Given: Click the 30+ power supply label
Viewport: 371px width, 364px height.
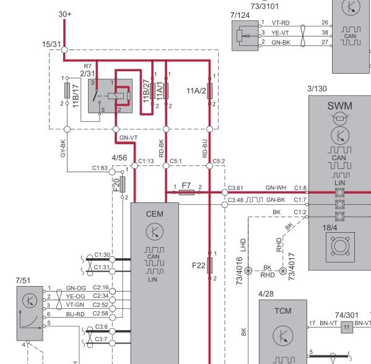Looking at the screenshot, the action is point(65,14).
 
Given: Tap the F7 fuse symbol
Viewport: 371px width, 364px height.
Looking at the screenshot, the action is point(186,193).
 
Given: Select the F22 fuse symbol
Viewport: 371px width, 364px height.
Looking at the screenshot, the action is point(209,266).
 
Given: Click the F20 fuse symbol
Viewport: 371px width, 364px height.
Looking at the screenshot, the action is point(123,184).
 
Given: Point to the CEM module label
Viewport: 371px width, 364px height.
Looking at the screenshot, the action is point(155,214).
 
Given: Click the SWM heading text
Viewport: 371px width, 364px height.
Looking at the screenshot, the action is point(340,106).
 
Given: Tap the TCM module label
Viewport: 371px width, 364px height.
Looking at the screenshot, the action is point(283,311).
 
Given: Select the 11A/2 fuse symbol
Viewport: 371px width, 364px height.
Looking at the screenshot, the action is point(209,91).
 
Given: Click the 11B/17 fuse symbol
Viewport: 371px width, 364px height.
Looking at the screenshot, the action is point(67,90).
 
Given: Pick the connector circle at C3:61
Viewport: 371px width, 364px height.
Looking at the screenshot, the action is point(225,193).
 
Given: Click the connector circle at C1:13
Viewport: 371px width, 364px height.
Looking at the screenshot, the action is point(134,166).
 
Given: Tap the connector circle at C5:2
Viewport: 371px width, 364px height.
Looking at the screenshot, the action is point(209,166).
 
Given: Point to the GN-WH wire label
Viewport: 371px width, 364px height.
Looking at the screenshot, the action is point(276,188).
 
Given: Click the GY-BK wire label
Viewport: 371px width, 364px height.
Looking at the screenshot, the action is point(63,149).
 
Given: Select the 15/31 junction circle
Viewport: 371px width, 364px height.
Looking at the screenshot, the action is point(64,50).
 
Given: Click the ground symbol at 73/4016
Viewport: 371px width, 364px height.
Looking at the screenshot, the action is point(248,271).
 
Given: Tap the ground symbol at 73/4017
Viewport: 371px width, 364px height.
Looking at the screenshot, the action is point(283,271).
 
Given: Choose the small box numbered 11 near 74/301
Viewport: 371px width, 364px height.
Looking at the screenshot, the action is point(347,327).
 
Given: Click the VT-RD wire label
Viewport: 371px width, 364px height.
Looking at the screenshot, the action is point(281,23).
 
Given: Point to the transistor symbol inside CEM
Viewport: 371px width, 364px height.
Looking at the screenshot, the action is point(155,232).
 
